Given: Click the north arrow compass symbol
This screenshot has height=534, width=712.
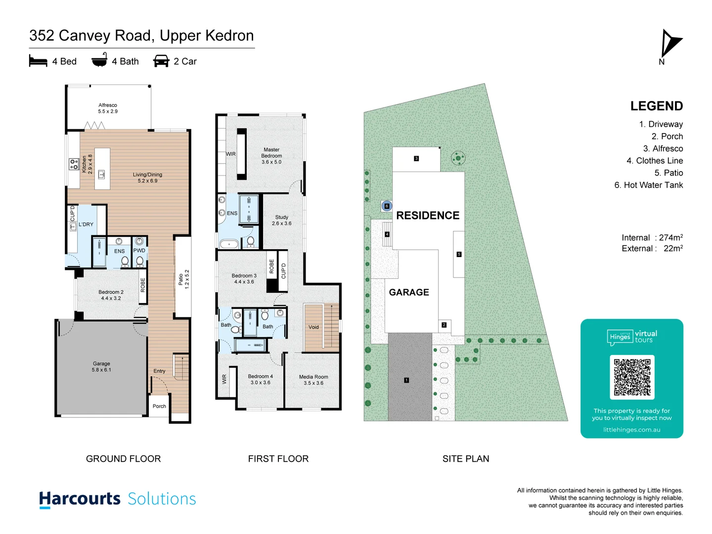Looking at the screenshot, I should tap(670, 44).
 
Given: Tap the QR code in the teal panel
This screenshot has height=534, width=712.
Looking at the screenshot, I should tap(632, 377).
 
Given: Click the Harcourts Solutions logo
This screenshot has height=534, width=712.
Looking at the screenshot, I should tap(118, 499).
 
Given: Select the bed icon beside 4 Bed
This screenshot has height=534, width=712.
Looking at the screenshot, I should tap(38, 61).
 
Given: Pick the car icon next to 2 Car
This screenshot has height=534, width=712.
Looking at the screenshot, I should tap(161, 61).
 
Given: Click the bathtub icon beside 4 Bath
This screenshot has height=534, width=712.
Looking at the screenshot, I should tap(99, 60).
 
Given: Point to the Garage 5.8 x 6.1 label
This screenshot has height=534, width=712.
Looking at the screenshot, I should tap(101, 366).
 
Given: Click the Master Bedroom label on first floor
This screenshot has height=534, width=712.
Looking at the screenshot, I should tap(271, 156).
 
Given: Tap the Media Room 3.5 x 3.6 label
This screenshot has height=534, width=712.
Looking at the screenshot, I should tap(313, 380).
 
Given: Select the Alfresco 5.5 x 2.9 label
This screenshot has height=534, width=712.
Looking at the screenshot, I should tap(108, 108).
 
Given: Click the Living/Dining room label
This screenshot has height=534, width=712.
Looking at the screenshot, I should tap(147, 178).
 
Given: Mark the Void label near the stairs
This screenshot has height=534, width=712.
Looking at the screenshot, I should tap(313, 327).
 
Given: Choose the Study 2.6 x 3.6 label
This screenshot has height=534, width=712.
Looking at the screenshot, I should tap(281, 220).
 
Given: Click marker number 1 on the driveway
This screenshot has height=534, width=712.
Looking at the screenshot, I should tap(406, 380).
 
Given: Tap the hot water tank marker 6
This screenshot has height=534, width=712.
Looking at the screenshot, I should tap(387, 206).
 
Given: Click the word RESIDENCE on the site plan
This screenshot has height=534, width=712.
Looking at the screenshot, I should tap(428, 216).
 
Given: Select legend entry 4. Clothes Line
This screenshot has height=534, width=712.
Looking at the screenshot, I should tap(655, 161).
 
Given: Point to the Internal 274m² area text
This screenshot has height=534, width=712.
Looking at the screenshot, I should tap(652, 238).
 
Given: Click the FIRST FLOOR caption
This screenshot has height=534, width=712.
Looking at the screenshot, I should tap(278, 459).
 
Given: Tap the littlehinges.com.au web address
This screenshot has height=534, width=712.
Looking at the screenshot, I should tap(631, 430).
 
